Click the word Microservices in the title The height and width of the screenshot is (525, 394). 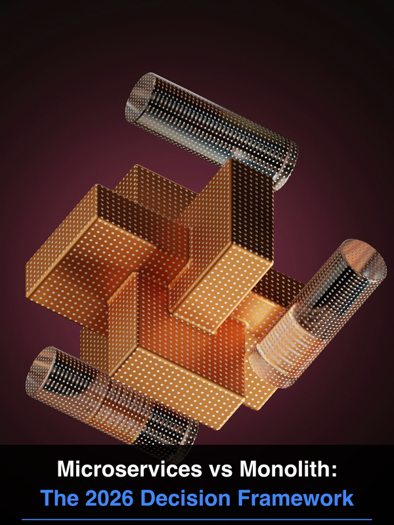[x=129, y=469]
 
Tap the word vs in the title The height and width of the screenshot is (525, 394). [x=221, y=471]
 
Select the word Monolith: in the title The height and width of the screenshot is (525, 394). [x=288, y=469]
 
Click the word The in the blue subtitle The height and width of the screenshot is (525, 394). [x=60, y=498]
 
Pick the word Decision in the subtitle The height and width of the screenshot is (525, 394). [x=185, y=498]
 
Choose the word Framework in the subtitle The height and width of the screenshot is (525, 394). [x=295, y=498]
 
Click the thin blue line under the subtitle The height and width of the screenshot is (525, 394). [x=197, y=520]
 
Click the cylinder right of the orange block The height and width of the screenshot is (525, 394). [x=318, y=313]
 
